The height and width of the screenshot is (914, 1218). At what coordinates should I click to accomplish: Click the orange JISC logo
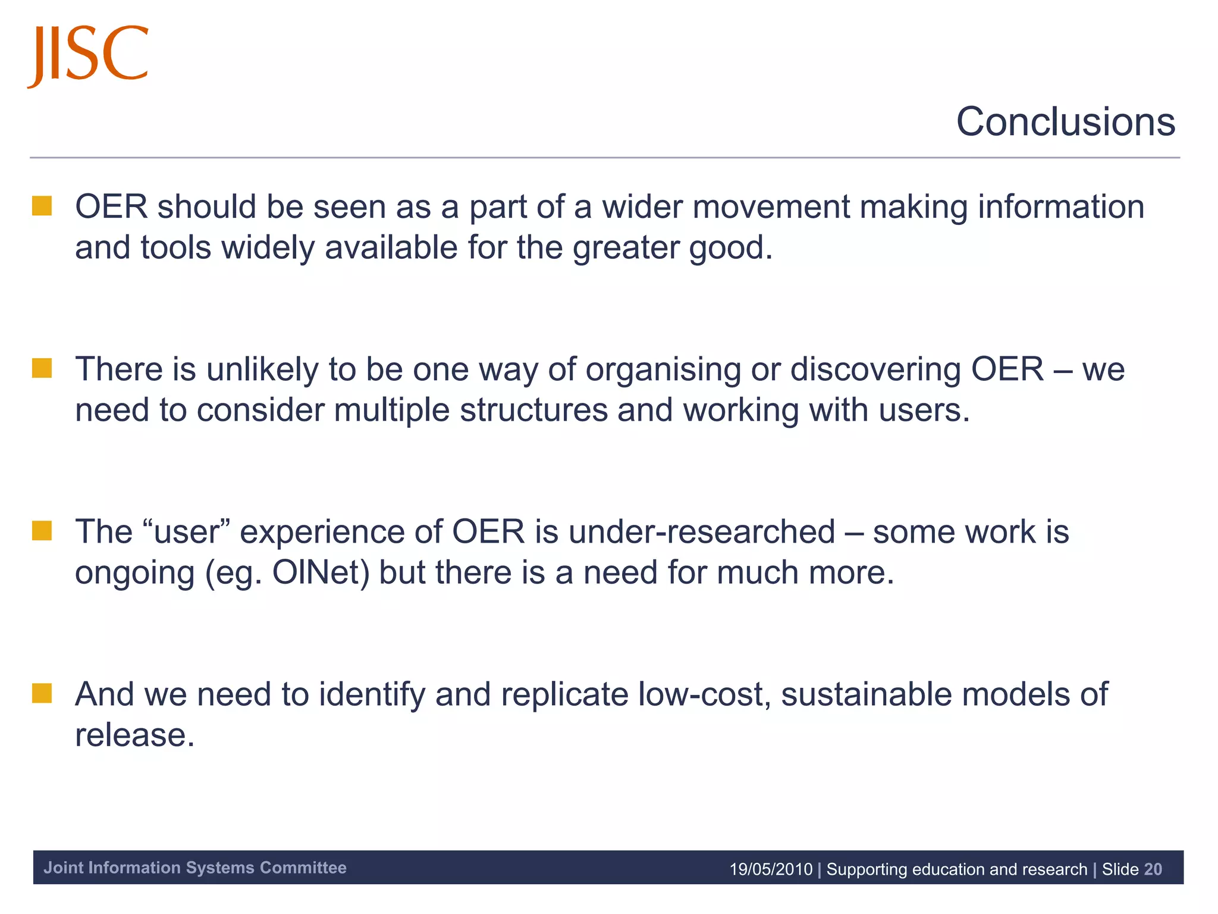pos(88,55)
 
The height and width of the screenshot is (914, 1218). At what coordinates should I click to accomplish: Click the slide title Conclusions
pos(1065,122)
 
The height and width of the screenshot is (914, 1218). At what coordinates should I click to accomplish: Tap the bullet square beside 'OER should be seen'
pos(42,206)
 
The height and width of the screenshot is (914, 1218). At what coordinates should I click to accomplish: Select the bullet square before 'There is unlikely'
pos(42,368)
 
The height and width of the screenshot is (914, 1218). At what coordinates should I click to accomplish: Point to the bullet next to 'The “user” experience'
pos(42,531)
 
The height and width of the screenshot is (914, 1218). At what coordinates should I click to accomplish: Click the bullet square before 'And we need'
pos(42,693)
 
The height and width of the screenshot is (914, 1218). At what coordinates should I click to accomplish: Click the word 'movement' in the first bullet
pos(771,207)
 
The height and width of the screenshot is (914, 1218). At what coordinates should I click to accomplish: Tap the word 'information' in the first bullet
pos(1061,207)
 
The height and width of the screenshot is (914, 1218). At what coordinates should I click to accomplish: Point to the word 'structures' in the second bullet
pos(533,411)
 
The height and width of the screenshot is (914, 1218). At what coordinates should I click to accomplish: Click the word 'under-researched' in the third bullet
pos(702,532)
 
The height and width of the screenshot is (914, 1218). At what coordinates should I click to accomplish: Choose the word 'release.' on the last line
pos(135,735)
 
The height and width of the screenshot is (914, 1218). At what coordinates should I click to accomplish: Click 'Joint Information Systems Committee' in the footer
pos(195,868)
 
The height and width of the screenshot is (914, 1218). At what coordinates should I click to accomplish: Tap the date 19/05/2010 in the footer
pos(771,869)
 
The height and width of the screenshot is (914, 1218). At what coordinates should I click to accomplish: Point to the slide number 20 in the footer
pos(1153,869)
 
